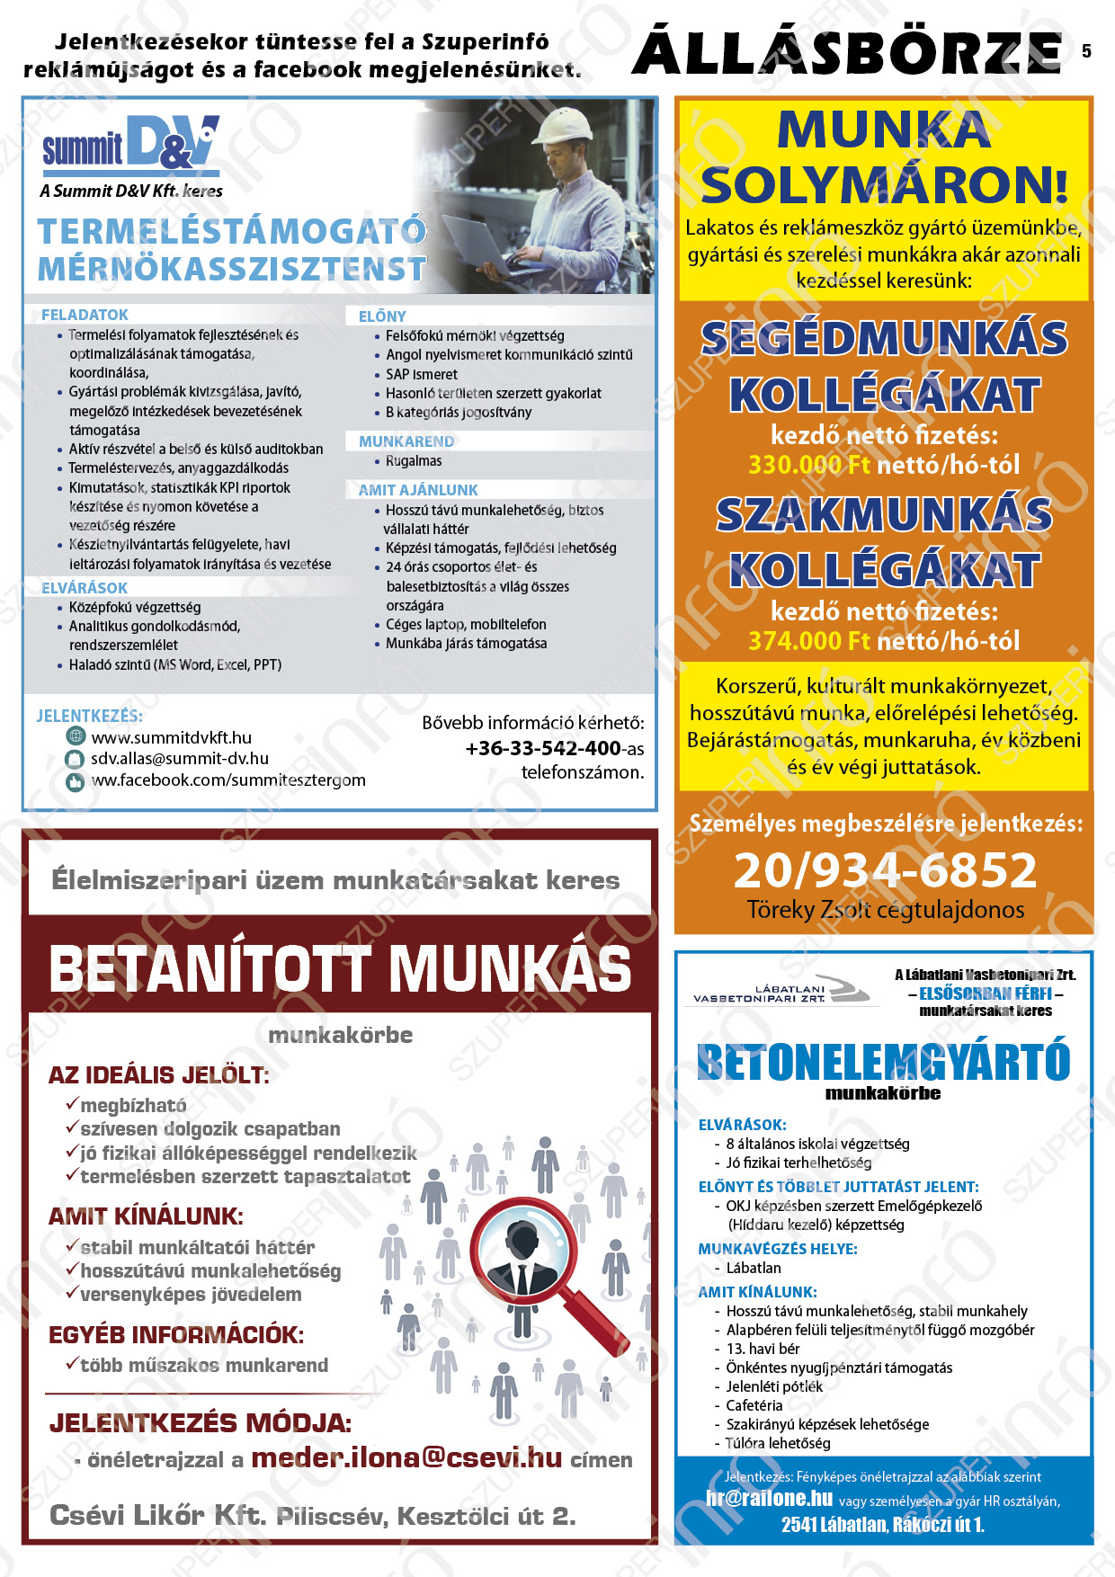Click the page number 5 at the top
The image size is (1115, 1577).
click(x=1086, y=51)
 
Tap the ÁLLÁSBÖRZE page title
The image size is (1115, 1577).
click(x=847, y=52)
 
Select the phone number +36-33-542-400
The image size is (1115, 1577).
click(x=542, y=748)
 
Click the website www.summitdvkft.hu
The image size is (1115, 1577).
click(x=171, y=737)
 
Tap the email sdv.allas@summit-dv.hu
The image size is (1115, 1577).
click(x=179, y=758)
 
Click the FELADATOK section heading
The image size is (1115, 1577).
click(x=85, y=315)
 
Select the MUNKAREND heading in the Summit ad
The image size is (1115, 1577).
click(x=406, y=441)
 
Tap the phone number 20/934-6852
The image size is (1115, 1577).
click(x=885, y=869)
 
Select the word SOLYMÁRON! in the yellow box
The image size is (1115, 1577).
click(x=884, y=185)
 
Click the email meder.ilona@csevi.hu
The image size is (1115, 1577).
click(x=406, y=1457)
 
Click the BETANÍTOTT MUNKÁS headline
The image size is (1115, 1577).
click(x=340, y=968)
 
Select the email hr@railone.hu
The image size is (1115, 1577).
click(x=769, y=1498)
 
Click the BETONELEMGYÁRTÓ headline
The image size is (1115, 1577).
click(x=883, y=1062)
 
